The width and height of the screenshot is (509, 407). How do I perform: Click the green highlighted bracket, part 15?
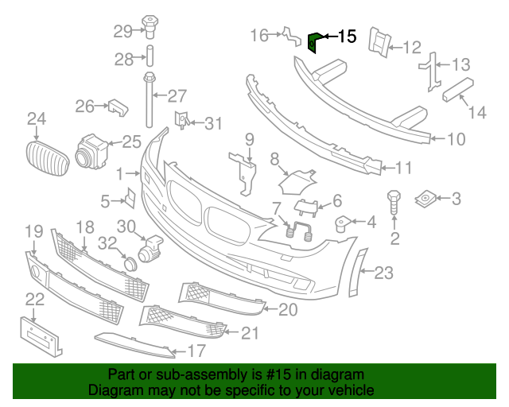coord(314,41)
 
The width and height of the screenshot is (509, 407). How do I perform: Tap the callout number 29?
coord(122,32)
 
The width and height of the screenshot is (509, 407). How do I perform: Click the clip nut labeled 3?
coord(426,196)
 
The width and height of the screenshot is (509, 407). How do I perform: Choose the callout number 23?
coord(384,273)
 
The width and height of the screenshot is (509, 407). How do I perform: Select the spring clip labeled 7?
coord(297,231)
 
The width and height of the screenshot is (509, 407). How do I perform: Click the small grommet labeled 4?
coord(344,222)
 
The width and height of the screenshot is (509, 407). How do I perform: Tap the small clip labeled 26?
coord(118,106)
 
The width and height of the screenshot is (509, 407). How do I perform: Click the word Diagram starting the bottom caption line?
coord(115,391)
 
